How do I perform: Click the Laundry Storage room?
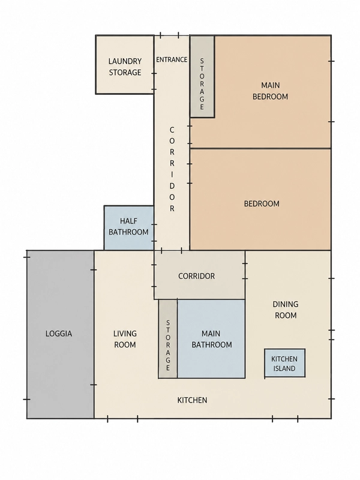(x=125, y=65)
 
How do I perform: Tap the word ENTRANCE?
(x=172, y=59)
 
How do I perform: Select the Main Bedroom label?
(x=270, y=91)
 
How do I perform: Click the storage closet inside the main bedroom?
(x=202, y=77)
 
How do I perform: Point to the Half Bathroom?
(x=129, y=228)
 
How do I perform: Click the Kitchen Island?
(x=284, y=363)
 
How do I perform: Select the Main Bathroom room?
(x=211, y=339)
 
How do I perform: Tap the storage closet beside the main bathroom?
(x=168, y=339)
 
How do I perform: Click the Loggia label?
(x=59, y=334)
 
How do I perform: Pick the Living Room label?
(x=125, y=339)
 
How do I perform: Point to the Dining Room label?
(x=286, y=310)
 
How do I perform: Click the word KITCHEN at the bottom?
(x=192, y=400)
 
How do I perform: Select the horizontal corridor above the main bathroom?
(x=199, y=275)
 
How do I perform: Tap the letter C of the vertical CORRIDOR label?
(x=172, y=130)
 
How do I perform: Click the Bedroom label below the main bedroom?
(x=262, y=204)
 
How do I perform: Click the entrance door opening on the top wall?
(x=170, y=35)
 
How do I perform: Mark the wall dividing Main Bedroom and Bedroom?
(x=260, y=149)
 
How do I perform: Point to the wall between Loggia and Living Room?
(x=94, y=334)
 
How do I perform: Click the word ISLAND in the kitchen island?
(x=284, y=368)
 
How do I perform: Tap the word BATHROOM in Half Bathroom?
(x=128, y=232)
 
